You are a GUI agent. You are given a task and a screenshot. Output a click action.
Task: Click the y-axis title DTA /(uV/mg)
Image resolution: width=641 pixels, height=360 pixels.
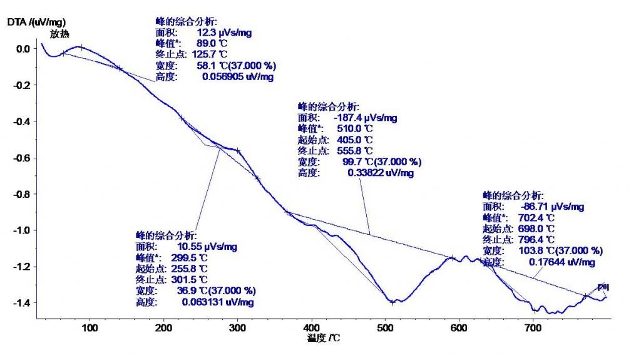[36, 23]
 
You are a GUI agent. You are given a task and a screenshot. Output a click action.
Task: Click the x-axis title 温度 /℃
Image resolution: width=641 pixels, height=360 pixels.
[324, 339]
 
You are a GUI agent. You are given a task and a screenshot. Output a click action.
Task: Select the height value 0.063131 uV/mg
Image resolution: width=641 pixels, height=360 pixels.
[218, 302]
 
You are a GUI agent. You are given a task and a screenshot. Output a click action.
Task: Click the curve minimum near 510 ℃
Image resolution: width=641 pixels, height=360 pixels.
[392, 302]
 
